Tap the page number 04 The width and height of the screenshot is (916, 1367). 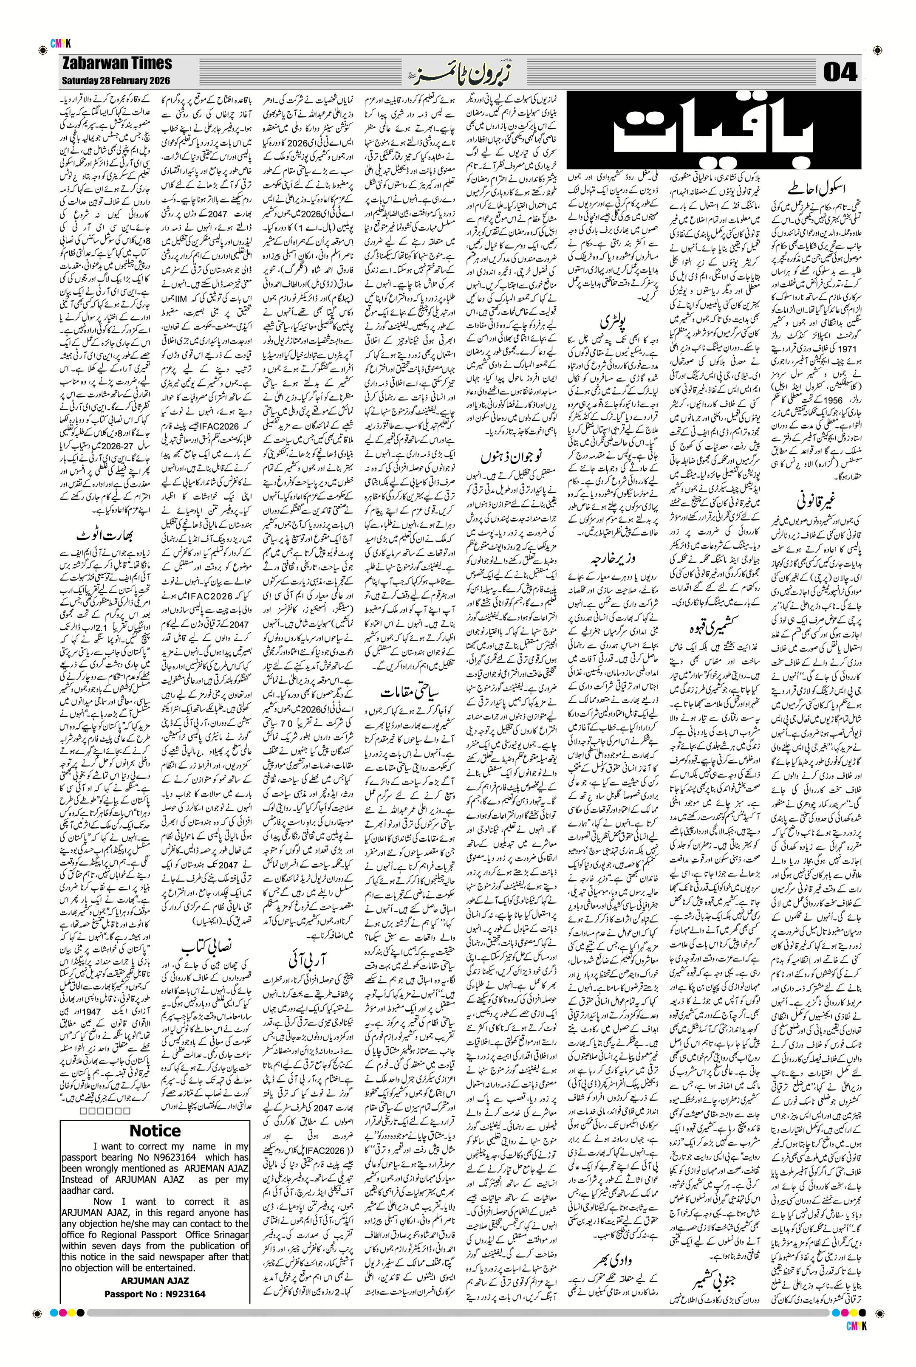[x=840, y=73]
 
